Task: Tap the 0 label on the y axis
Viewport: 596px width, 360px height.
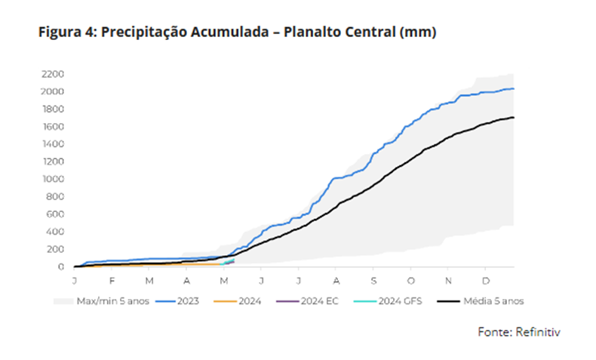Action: (x=61, y=267)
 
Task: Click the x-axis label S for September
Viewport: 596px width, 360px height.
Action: (x=373, y=280)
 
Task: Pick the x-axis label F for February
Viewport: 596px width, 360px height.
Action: (x=112, y=280)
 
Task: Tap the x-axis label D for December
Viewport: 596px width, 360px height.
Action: (x=485, y=280)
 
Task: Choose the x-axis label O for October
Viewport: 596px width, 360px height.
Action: (x=410, y=280)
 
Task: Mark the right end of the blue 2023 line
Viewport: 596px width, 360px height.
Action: (x=514, y=89)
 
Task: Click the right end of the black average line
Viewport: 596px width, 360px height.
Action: (x=514, y=117)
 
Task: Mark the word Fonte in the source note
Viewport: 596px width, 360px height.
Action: (x=494, y=331)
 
